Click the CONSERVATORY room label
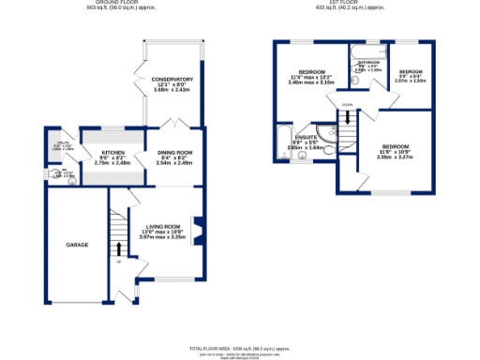point(172,80)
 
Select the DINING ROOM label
point(173,152)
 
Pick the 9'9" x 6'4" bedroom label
point(411,72)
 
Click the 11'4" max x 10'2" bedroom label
point(311,73)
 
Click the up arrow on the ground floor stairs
point(119,248)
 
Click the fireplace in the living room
point(197,229)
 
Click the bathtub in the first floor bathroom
point(367,47)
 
